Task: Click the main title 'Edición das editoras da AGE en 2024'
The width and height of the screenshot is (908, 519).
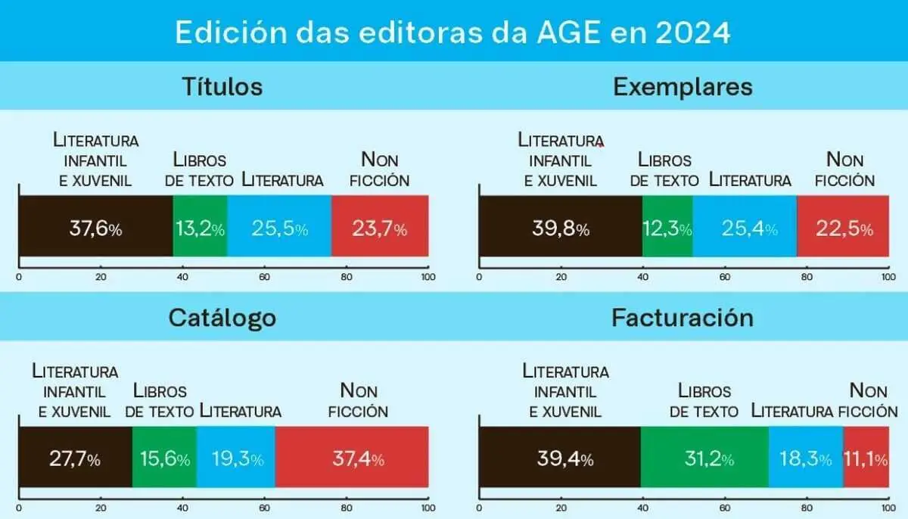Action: click(x=453, y=33)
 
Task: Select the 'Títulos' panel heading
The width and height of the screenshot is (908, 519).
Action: click(x=222, y=86)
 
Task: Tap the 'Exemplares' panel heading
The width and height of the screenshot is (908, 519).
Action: click(x=683, y=86)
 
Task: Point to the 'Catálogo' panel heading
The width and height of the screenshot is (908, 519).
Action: click(x=222, y=318)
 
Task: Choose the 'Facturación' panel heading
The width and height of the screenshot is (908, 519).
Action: click(x=683, y=318)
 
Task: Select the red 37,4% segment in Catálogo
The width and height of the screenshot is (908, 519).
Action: click(x=352, y=458)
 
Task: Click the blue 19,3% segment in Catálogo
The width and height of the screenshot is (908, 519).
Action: click(x=236, y=458)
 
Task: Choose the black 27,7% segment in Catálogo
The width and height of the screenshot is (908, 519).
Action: click(x=75, y=458)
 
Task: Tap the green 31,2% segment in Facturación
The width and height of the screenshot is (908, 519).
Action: click(x=704, y=458)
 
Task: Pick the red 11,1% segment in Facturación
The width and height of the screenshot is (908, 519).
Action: click(x=866, y=458)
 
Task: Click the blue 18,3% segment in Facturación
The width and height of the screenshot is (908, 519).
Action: click(x=806, y=458)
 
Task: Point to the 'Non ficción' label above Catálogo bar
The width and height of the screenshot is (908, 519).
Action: click(x=364, y=401)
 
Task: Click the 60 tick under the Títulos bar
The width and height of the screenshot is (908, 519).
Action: click(x=265, y=277)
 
